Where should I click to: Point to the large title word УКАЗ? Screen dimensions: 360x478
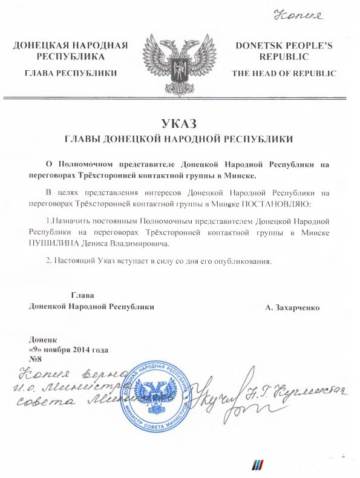pos(180,125)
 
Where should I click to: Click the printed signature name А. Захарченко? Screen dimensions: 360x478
pos(292,307)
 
